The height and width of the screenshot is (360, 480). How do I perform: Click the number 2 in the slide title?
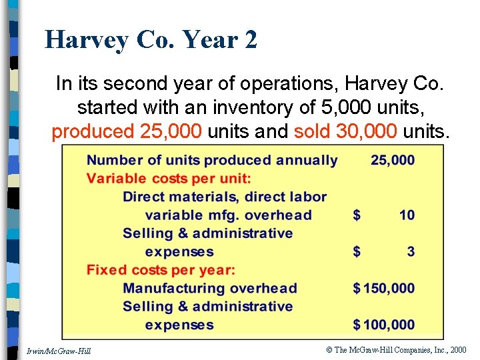pyautogui.click(x=251, y=40)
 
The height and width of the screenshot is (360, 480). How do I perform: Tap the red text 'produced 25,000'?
pyautogui.click(x=127, y=131)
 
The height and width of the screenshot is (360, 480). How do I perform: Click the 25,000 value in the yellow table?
pyautogui.click(x=393, y=160)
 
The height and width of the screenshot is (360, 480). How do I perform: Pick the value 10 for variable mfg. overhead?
pyautogui.click(x=407, y=215)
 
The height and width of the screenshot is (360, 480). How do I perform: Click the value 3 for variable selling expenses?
pyautogui.click(x=410, y=252)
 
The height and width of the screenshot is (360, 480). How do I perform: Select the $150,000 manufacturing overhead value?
pyautogui.click(x=384, y=289)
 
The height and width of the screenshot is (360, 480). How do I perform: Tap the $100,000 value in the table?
pyautogui.click(x=384, y=325)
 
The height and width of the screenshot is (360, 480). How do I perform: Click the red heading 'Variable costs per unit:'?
pyautogui.click(x=169, y=179)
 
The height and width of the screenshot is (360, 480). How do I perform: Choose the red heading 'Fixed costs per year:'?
pyautogui.click(x=161, y=270)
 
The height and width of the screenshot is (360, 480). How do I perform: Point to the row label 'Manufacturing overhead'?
pyautogui.click(x=209, y=289)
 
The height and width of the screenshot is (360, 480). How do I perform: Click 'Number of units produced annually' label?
pyautogui.click(x=212, y=160)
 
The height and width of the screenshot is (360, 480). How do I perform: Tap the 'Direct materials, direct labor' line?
pyautogui.click(x=225, y=197)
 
